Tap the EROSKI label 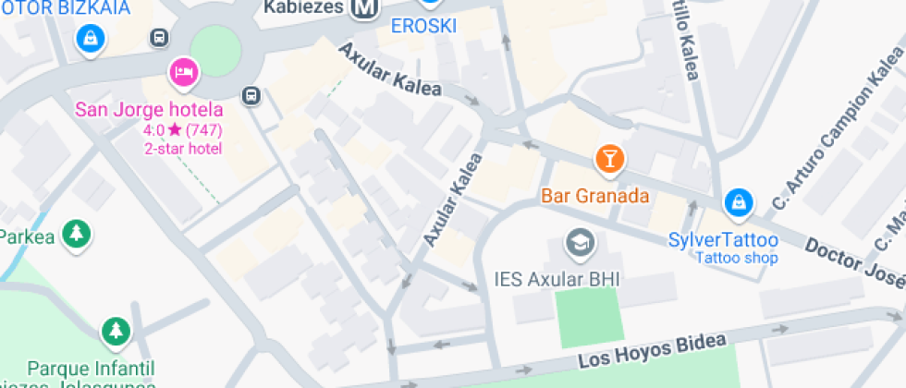coord(424,26)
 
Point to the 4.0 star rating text coord(183,130)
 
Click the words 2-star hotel coord(183,148)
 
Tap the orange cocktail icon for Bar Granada coord(609,158)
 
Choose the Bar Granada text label coord(595,197)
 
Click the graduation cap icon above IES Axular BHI coord(581,242)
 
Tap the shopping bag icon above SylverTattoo coord(738,200)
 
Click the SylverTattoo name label coord(723,240)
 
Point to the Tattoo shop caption coord(737,258)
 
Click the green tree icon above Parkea coord(76,233)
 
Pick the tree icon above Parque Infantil coord(116,330)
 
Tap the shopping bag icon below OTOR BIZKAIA coord(92,38)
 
